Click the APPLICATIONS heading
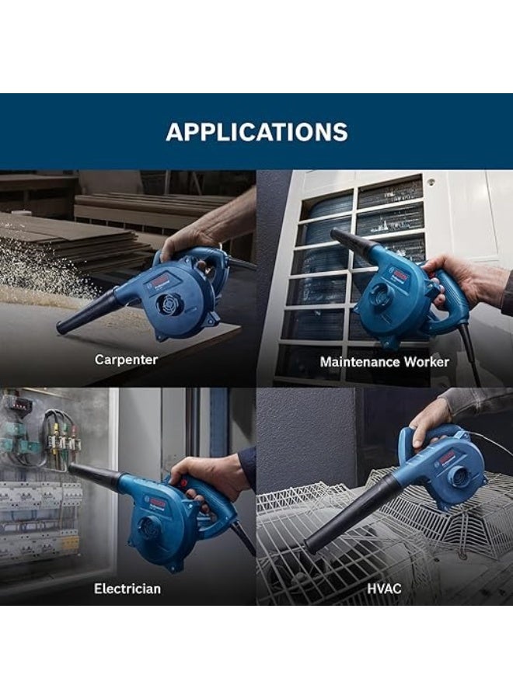point(256,131)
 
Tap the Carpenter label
point(126,360)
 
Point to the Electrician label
point(127,589)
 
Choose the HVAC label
point(384,589)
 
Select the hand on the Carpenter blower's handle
point(187,241)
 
